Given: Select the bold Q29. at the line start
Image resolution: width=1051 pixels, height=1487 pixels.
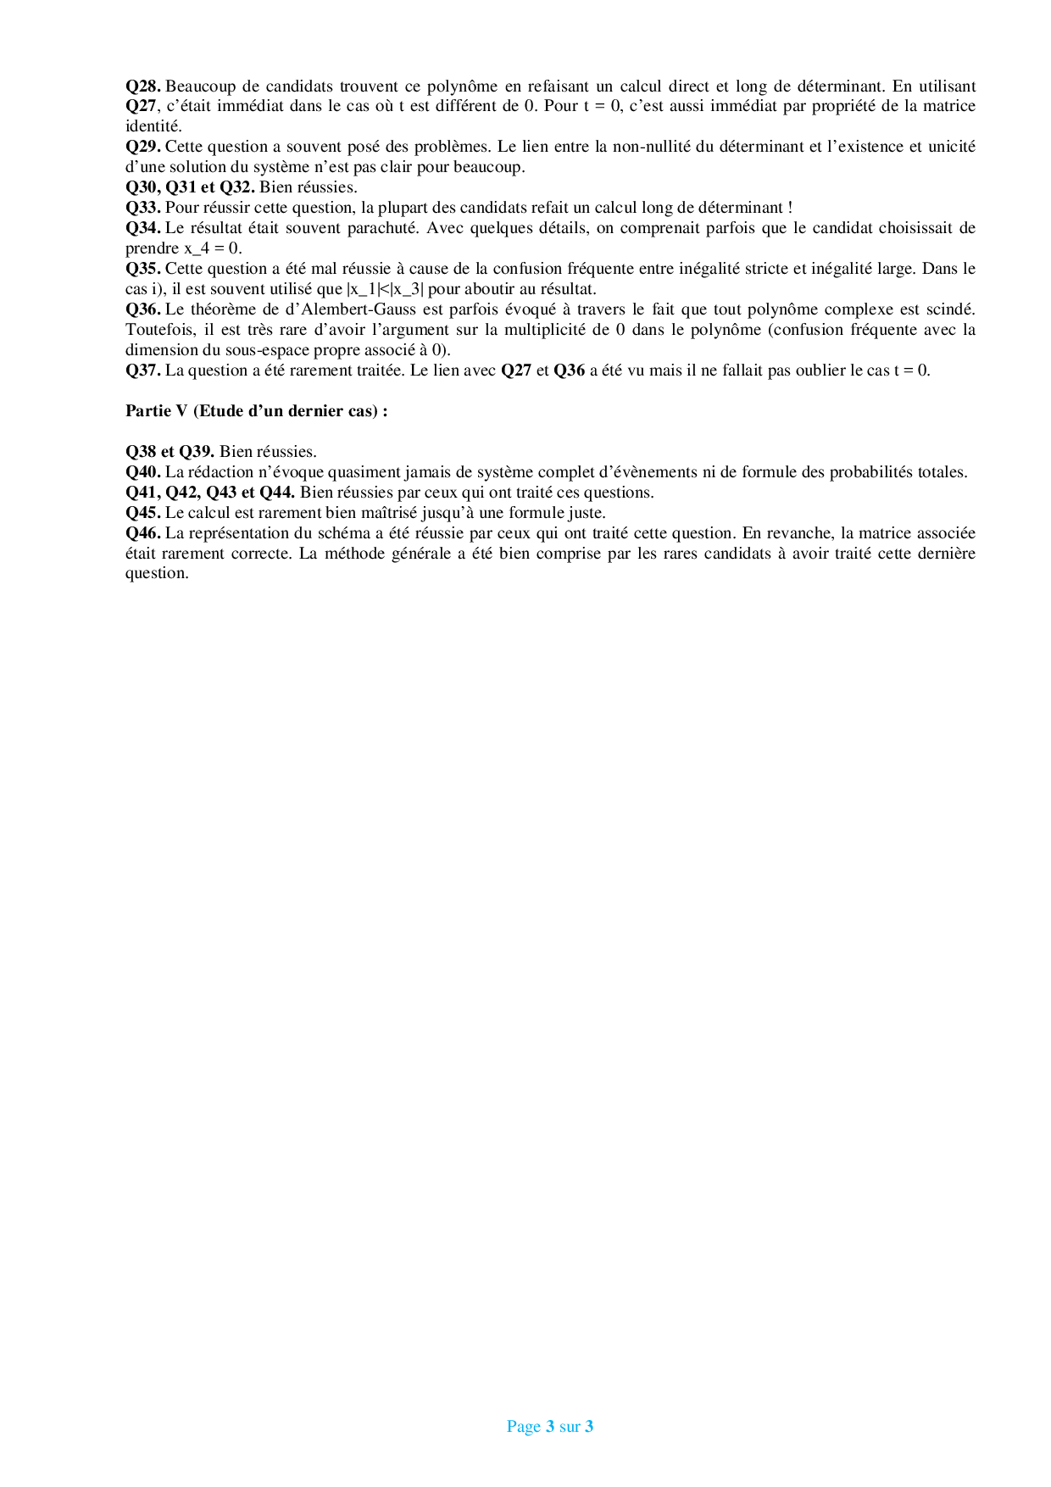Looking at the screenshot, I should tap(142, 147).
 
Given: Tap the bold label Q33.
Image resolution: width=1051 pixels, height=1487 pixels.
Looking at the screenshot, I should tap(142, 208).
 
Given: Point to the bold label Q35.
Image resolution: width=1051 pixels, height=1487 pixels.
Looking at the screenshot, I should tap(142, 269).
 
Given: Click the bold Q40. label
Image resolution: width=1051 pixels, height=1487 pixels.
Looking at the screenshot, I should tap(142, 472).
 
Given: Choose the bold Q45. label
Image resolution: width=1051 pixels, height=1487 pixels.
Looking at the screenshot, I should tap(142, 513).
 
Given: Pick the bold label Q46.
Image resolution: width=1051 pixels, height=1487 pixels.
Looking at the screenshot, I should tap(142, 533).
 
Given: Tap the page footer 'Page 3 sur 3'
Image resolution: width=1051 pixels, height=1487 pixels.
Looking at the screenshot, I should tap(549, 1427).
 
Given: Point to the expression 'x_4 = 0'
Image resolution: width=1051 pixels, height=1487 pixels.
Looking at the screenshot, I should tap(212, 248).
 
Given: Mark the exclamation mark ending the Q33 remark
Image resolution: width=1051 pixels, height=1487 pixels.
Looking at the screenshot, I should tap(790, 208).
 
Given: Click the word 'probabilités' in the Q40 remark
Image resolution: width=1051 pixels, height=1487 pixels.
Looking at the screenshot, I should tap(876, 472).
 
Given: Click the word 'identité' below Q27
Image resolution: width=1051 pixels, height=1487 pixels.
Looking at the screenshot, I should tap(153, 126).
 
